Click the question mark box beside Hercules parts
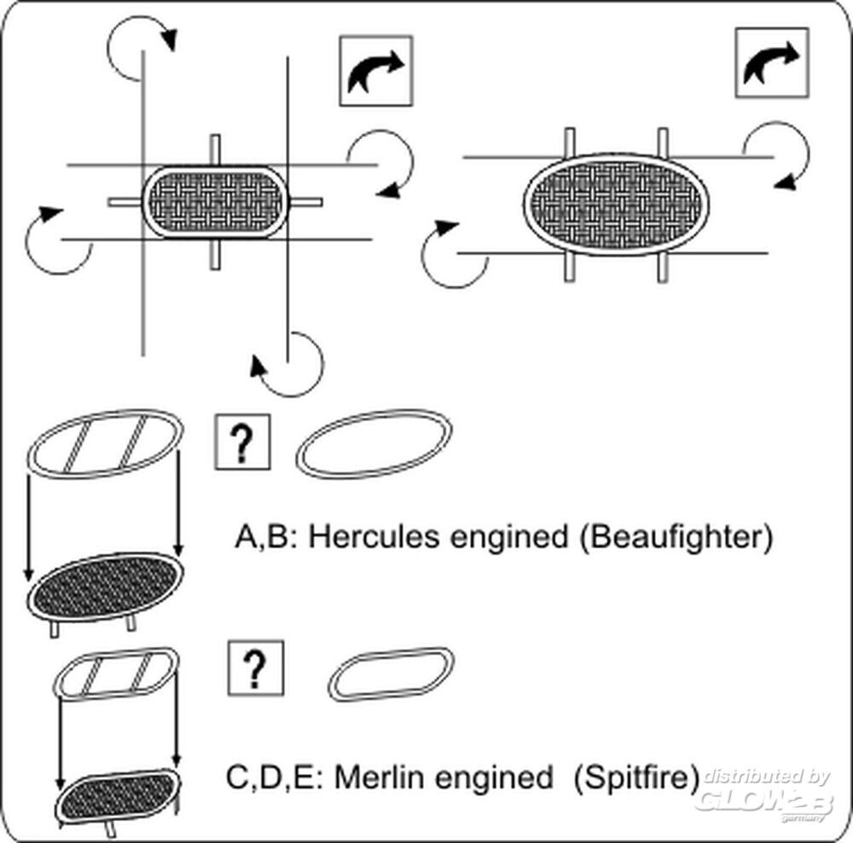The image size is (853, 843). point(242,442)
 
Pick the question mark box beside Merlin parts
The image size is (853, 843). point(256,668)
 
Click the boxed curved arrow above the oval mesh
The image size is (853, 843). point(772,63)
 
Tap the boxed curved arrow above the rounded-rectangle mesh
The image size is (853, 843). point(376,71)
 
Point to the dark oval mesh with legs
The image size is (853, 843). point(105,588)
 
